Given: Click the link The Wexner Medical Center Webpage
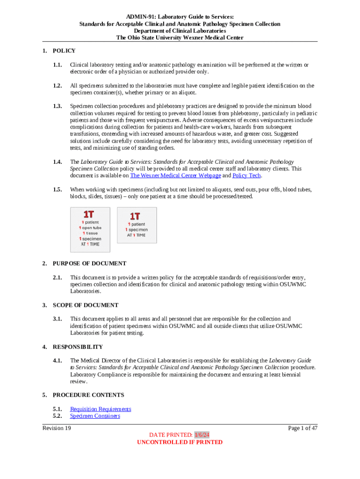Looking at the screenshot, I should pos(175,175).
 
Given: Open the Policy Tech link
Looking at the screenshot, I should pos(247,175).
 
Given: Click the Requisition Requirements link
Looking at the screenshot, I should pos(101,409).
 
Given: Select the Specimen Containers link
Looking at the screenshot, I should pos(95,416).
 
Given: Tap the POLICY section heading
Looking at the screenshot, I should pos(64,51).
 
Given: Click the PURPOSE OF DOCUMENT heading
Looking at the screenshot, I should pos(89,263).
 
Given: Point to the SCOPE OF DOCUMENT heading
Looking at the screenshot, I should pos(86,305).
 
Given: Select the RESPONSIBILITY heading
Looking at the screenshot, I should pos(78,347).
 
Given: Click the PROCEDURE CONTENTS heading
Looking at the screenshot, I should pos(88,395).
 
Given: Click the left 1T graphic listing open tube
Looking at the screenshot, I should pos(90,230).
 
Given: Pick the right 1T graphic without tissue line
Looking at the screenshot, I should pos(137,225).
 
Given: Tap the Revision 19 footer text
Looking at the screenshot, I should pos(57,428).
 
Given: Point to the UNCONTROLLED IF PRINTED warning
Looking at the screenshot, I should pos(180,442).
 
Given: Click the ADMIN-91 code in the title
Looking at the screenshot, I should pos(134,16).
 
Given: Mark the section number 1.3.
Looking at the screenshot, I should pos(58,106).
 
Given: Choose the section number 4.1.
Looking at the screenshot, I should pos(58,361).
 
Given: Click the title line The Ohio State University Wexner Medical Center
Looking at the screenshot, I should pos(180,37).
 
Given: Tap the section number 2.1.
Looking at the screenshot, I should pos(58,277).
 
